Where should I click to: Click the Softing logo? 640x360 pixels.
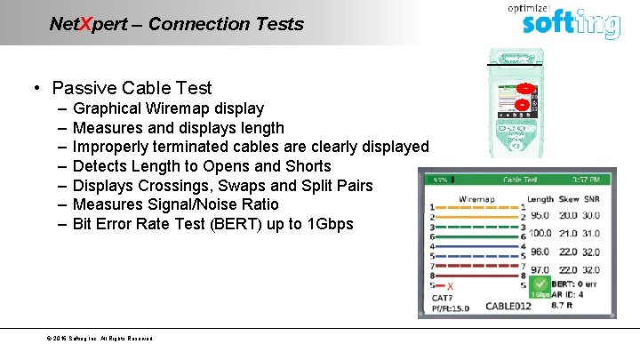(x=570, y=23)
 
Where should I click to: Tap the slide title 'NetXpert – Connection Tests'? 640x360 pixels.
(x=176, y=24)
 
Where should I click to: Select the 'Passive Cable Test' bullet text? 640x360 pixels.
(x=132, y=87)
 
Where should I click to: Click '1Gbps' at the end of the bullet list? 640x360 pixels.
(x=328, y=224)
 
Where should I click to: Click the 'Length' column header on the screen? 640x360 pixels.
(x=540, y=199)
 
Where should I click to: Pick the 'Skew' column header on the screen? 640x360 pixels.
(x=568, y=199)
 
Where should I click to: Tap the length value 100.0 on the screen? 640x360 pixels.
(x=540, y=233)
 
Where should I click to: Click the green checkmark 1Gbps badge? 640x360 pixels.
(x=540, y=287)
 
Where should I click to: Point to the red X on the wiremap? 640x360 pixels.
(x=451, y=286)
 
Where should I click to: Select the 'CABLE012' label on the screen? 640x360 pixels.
(x=508, y=307)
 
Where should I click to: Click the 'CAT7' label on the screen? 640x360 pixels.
(x=442, y=298)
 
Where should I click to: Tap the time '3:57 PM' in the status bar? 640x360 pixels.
(x=593, y=179)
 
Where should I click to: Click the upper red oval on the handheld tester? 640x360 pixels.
(x=525, y=89)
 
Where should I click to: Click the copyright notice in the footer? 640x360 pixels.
(x=100, y=339)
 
